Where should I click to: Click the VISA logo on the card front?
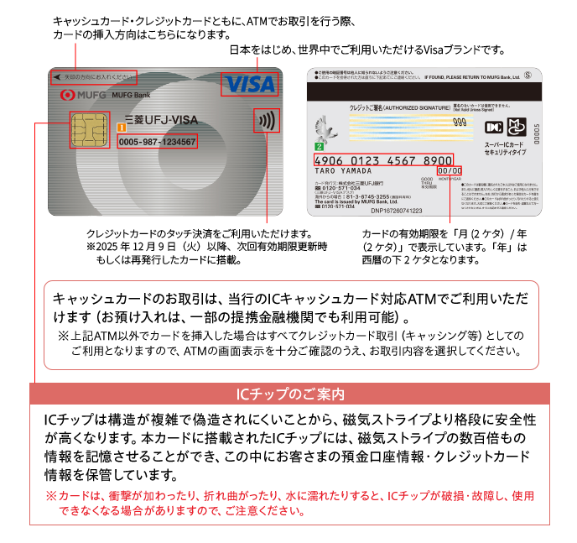[x=247, y=85]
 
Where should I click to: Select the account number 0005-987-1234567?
[x=157, y=142]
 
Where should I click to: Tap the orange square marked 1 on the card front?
[x=121, y=128]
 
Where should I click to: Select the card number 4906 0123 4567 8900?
[x=382, y=159]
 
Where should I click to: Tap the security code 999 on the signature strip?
[x=459, y=122]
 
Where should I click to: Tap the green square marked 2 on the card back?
[x=319, y=146]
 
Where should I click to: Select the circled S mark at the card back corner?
[x=528, y=75]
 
